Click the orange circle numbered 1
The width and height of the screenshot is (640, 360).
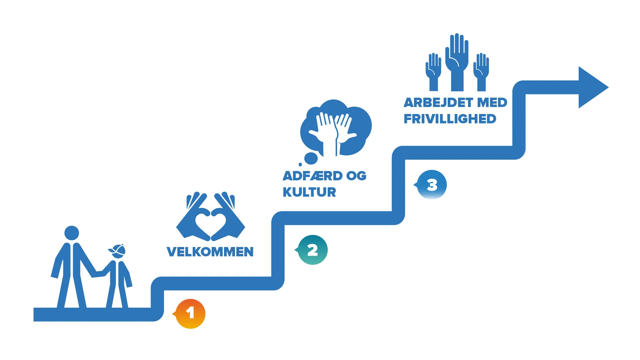190,314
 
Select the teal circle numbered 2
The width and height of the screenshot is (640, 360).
313,250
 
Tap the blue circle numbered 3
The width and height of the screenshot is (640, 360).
432,185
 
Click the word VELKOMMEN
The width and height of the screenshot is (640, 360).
210,252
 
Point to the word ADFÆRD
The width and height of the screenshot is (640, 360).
312,176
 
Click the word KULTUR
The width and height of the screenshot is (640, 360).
309,192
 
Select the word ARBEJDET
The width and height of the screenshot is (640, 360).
439,103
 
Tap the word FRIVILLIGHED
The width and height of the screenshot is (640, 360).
450,119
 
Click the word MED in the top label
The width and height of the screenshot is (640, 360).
492,103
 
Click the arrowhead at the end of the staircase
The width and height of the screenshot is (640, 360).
592,87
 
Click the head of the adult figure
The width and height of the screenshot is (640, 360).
72,233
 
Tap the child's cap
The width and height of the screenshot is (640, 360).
117,249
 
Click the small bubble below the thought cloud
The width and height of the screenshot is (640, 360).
311,158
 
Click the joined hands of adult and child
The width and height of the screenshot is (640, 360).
99,274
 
